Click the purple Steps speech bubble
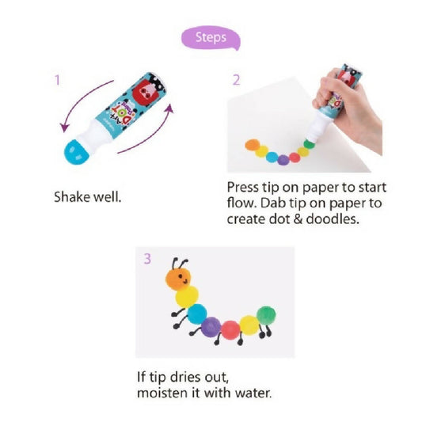[210, 38]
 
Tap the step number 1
[57, 80]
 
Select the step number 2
[236, 80]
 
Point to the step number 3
[147, 259]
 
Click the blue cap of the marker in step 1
[76, 152]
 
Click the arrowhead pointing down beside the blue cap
[64, 127]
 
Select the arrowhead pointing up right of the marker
[169, 108]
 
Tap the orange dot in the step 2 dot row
[253, 145]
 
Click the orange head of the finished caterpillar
[178, 279]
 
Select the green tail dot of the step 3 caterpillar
[266, 316]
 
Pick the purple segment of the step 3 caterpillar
[211, 327]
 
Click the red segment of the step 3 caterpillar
[230, 330]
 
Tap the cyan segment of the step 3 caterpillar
[197, 314]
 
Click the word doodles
[333, 219]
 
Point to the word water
[253, 393]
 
